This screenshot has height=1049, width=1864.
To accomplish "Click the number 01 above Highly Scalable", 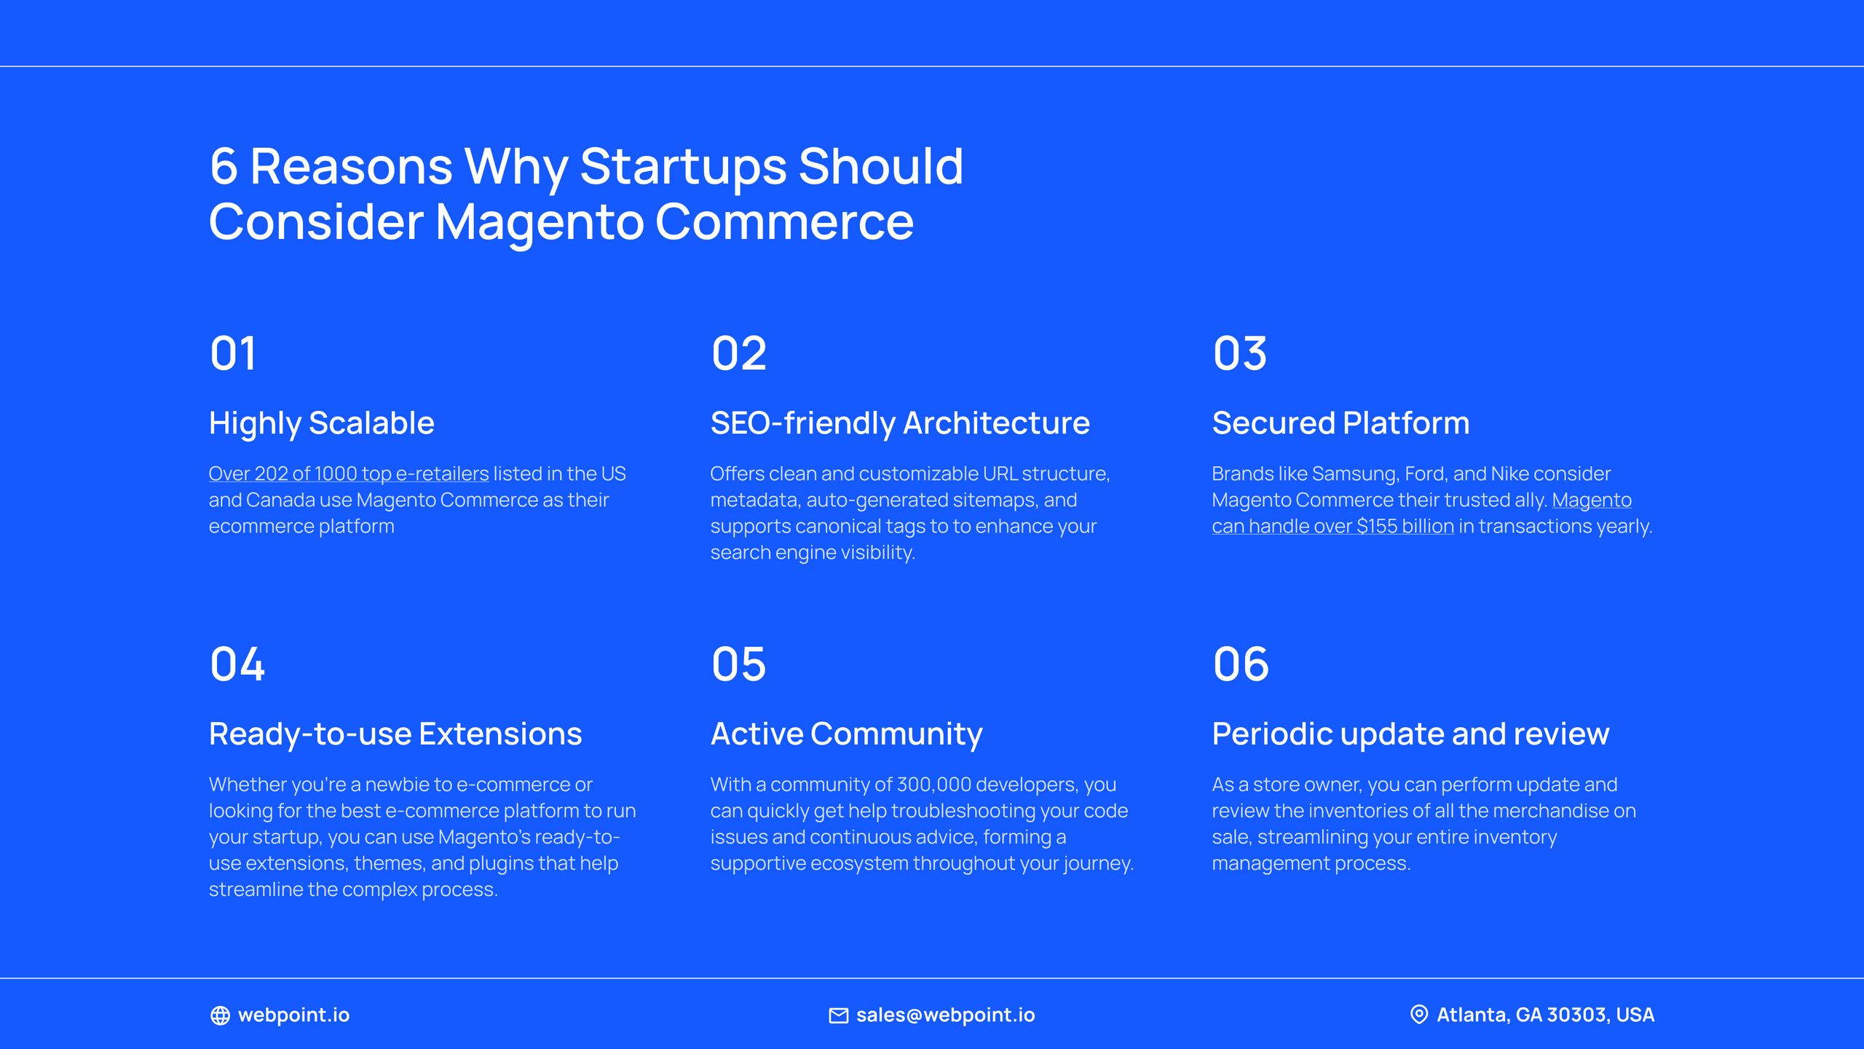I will click(233, 354).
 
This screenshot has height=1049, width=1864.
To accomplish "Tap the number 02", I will click(738, 354).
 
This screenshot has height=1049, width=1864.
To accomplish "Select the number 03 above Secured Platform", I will click(1239, 354).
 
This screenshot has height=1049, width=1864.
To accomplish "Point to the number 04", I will click(237, 664).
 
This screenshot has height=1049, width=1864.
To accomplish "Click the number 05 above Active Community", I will click(738, 664).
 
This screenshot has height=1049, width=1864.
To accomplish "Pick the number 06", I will click(1241, 664).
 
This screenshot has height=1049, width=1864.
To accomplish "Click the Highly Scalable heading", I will click(321, 423).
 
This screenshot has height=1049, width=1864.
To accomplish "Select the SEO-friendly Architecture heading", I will click(900, 423).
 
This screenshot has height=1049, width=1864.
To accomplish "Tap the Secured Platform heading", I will click(1340, 423).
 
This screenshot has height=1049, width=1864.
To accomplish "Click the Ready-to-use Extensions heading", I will click(395, 734).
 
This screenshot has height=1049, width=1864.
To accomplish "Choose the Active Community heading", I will click(846, 734).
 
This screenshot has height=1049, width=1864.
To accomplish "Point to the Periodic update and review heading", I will click(1410, 734).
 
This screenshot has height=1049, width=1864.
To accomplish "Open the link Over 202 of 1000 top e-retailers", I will click(348, 474).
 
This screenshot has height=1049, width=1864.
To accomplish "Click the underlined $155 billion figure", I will click(1405, 527).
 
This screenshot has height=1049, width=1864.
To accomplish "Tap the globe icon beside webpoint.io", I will click(220, 1015).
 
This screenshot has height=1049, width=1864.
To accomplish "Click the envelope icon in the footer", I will click(838, 1015).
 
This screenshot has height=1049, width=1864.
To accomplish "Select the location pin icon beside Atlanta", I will click(1418, 1015).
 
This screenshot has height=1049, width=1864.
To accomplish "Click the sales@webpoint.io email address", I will click(945, 1015).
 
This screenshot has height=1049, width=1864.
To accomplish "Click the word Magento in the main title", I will click(539, 223).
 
